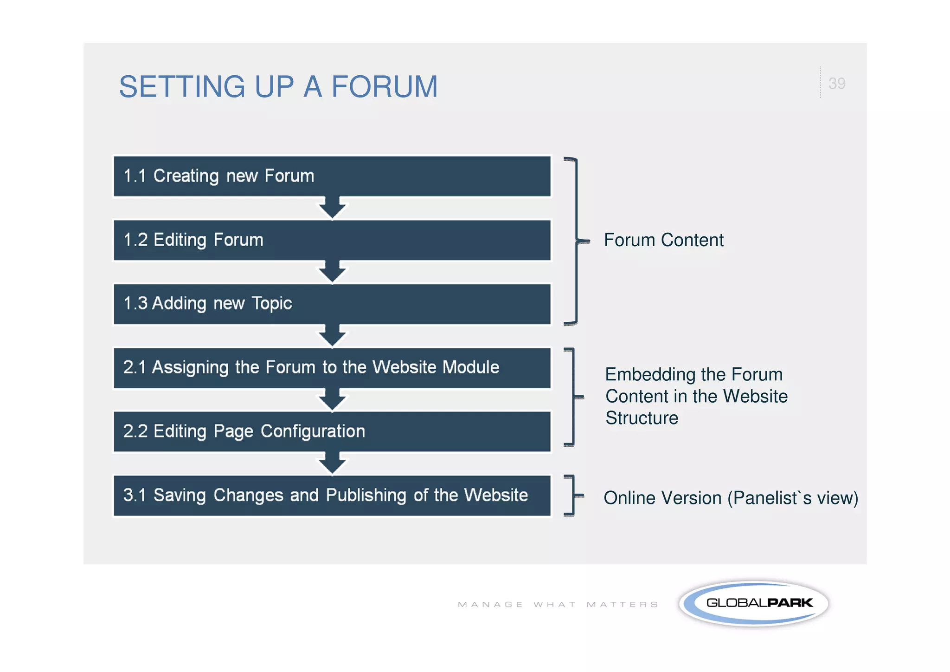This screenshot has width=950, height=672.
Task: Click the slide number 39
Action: [x=836, y=84]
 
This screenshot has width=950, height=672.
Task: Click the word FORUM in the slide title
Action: [x=384, y=87]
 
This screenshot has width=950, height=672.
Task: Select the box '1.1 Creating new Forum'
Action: [x=332, y=176]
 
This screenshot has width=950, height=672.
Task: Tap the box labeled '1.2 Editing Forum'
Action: [x=332, y=240]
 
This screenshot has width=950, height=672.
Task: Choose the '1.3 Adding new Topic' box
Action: [x=332, y=304]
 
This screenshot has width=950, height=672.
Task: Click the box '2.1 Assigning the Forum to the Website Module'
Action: [x=332, y=368]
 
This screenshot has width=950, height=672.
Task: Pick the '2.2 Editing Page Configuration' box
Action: [x=332, y=431]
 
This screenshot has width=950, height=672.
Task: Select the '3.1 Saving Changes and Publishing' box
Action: [x=332, y=495]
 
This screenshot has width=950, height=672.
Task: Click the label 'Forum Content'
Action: [x=663, y=240]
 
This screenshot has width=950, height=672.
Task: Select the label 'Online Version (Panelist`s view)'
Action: [x=731, y=498]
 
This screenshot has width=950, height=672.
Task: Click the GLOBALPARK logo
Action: [x=754, y=603]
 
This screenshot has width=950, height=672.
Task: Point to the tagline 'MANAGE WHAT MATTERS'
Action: [x=558, y=604]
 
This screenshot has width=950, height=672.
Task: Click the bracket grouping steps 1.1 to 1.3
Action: [x=577, y=241]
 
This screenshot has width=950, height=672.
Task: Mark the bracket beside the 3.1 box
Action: [x=573, y=496]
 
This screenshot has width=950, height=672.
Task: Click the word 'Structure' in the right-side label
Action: [x=642, y=418]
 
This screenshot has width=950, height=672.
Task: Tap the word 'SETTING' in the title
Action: [x=182, y=87]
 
